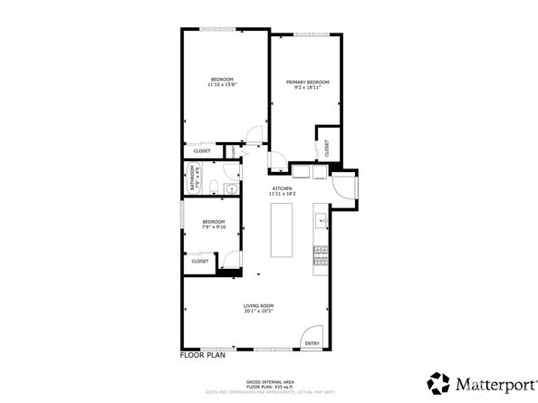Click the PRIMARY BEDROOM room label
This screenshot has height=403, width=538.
(307, 82)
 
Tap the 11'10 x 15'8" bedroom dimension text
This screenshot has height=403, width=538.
(221, 86)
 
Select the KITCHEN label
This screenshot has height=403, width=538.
(282, 188)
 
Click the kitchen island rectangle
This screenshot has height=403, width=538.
(283, 232)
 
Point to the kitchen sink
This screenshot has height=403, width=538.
(320, 220)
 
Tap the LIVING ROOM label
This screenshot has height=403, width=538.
(258, 306)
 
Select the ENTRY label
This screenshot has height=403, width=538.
(312, 343)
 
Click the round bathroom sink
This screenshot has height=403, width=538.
(230, 189)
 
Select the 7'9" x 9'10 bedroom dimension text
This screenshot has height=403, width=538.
(214, 227)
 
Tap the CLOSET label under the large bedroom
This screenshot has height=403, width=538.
(202, 151)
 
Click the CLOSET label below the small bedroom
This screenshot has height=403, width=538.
(199, 261)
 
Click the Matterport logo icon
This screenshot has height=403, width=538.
(438, 381)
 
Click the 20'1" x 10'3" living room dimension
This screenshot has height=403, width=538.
(258, 312)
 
